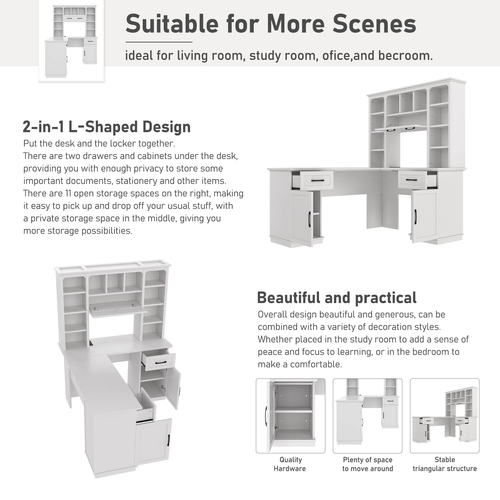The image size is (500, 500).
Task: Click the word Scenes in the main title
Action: point(374,24)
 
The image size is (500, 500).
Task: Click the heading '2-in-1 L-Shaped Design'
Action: point(107,127)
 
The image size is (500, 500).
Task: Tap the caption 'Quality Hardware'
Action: point(290,464)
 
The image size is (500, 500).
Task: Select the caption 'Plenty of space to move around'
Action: point(367,464)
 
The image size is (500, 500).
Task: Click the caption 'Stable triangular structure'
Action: point(444,464)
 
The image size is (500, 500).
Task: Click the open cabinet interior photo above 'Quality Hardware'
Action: point(290,416)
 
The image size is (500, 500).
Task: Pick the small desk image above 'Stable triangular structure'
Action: point(444,416)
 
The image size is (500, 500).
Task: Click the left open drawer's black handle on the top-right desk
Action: point(317,180)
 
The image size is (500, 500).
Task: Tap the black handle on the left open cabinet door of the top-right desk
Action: point(309,219)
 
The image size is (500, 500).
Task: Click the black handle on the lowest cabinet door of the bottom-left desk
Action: point(169,440)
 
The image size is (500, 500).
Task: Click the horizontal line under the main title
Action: point(159,42)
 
